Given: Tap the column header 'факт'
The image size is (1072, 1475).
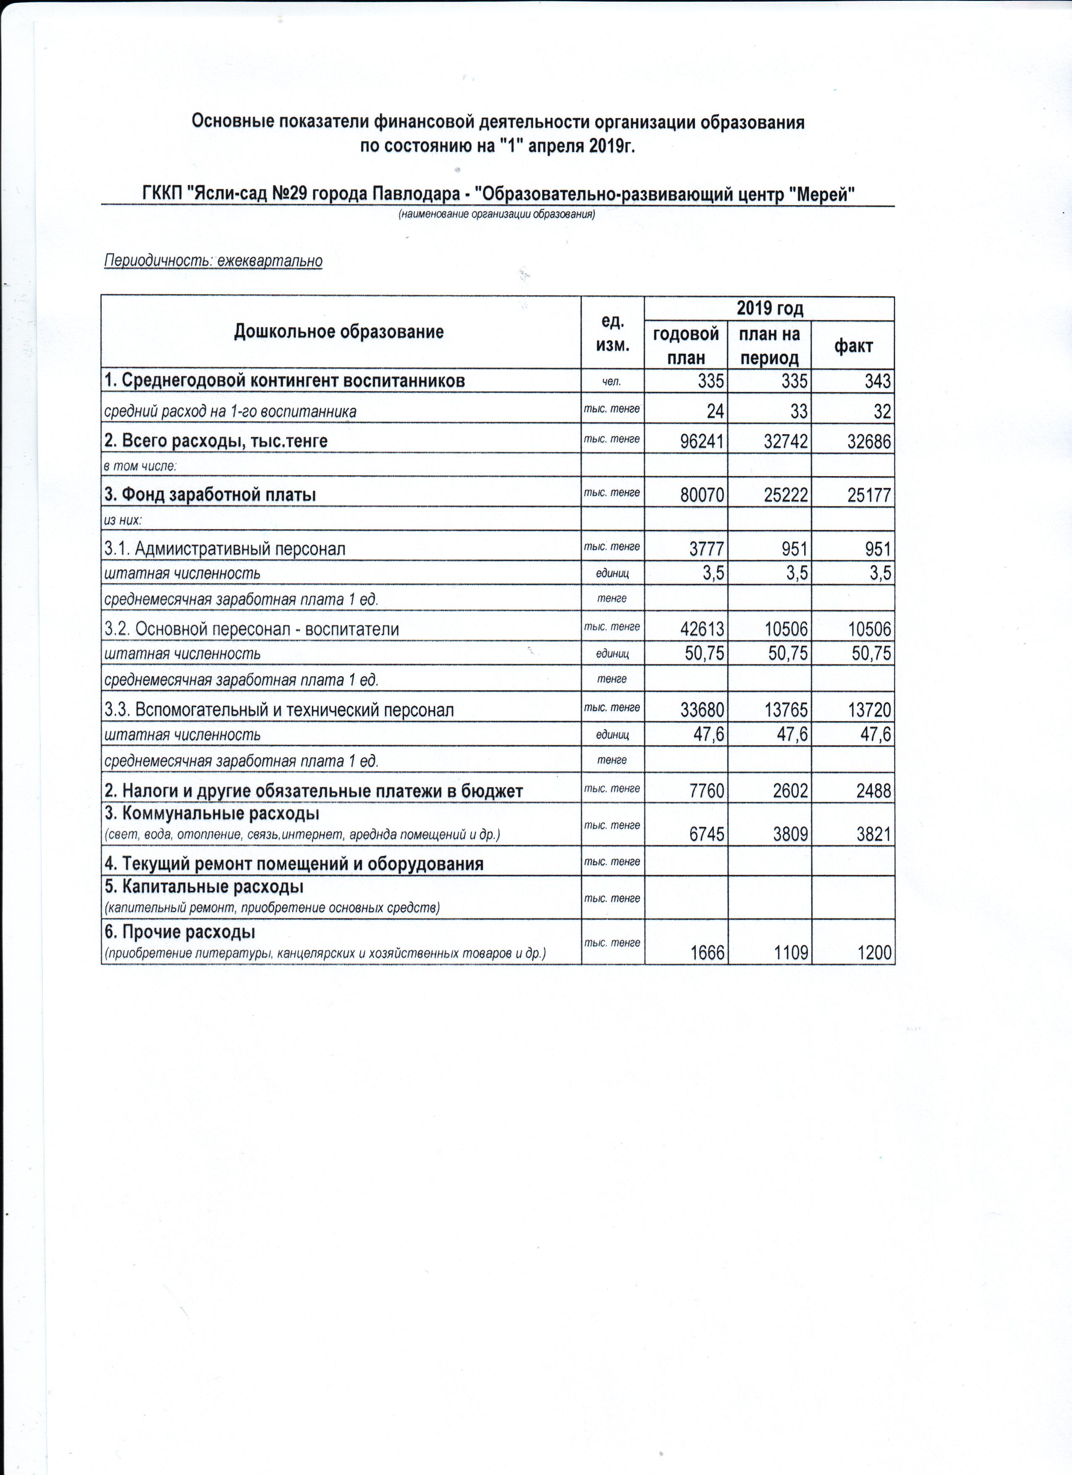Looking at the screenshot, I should point(853,346).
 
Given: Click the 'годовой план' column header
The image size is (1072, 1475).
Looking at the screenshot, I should point(686,345).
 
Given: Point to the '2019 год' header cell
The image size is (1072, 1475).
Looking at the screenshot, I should point(769,308).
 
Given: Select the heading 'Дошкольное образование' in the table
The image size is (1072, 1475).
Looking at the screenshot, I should point(339,332).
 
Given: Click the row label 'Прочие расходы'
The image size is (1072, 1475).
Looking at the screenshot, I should point(180,932).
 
